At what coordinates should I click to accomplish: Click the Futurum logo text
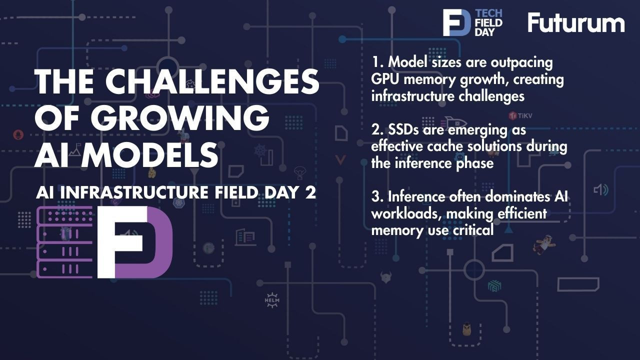[576, 22]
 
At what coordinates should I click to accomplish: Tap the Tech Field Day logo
[472, 22]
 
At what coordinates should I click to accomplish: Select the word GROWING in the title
[180, 118]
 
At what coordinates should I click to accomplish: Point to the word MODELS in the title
[150, 155]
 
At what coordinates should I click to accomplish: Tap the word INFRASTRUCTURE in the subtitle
[134, 192]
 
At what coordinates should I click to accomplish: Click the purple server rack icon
[65, 242]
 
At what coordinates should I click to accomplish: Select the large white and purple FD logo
[135, 242]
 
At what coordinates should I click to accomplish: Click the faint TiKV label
[520, 115]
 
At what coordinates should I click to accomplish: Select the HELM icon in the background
[272, 300]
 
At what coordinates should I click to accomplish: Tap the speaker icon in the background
[601, 190]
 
